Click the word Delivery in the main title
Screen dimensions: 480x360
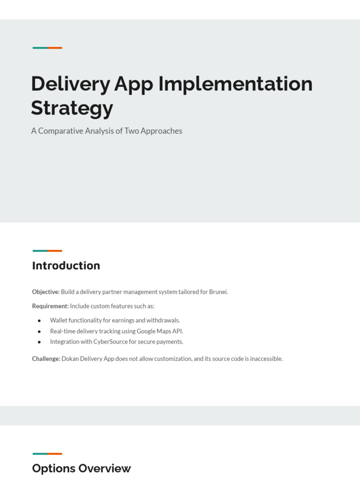click(70, 84)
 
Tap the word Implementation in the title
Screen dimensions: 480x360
click(235, 84)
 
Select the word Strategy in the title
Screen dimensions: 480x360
click(72, 108)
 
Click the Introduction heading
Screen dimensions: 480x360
click(66, 266)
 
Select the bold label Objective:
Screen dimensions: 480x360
click(45, 292)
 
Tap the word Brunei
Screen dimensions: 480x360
click(218, 292)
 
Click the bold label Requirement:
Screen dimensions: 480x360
click(50, 306)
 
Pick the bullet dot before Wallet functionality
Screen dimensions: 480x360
click(39, 321)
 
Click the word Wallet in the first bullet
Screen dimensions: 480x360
click(59, 321)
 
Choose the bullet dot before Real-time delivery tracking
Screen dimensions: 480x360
click(39, 331)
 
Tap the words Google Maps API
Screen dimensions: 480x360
click(159, 331)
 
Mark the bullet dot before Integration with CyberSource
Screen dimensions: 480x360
click(39, 342)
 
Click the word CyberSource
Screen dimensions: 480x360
click(111, 342)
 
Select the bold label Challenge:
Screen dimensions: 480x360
click(46, 359)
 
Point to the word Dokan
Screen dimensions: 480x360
click(70, 359)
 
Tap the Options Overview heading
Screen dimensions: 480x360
click(82, 468)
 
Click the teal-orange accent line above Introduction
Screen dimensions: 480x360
click(47, 251)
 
